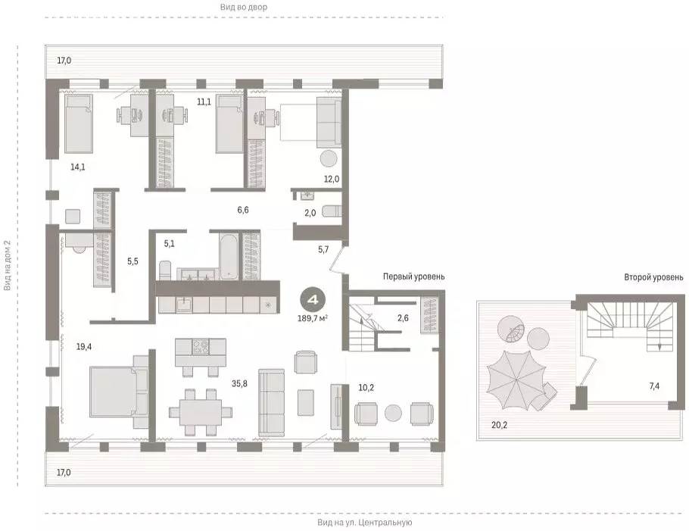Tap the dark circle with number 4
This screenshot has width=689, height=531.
(x=313, y=300)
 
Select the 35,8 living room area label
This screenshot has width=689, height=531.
(x=239, y=384)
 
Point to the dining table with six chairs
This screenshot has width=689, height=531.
(x=201, y=412)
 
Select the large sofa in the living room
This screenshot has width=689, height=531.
(x=272, y=403)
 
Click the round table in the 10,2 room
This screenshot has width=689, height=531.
(x=393, y=413)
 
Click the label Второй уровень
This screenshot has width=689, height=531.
(x=653, y=277)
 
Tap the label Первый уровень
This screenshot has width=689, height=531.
(x=413, y=276)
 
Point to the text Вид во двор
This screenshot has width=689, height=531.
(x=245, y=7)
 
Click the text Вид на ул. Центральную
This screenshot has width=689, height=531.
(x=365, y=523)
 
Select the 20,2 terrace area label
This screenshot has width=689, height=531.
(x=499, y=425)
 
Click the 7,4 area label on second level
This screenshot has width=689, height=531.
(x=654, y=386)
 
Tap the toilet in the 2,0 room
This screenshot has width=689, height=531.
(x=332, y=211)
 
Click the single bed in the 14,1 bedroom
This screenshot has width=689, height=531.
(x=79, y=123)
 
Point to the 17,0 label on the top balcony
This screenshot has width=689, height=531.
(x=64, y=61)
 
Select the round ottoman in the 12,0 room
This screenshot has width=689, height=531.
(x=329, y=158)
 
